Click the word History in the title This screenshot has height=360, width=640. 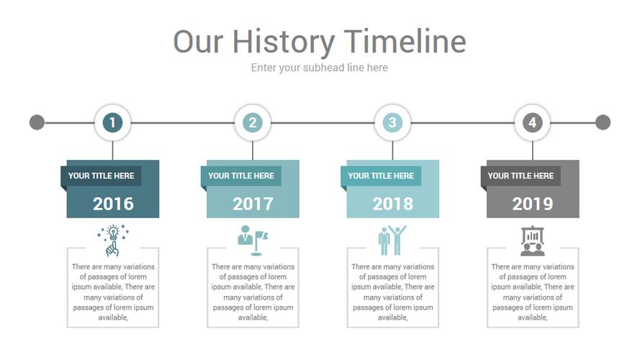(283, 42)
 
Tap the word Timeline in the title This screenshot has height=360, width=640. (405, 41)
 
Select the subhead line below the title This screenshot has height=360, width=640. (319, 68)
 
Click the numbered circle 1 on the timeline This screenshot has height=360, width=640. (112, 122)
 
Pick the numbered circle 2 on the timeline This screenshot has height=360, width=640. (253, 122)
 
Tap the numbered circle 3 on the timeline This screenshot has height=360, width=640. (392, 122)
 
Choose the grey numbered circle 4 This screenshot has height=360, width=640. (532, 122)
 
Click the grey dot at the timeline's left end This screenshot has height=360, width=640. (37, 122)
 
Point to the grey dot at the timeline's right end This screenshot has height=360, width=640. (603, 122)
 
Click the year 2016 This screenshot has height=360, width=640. (113, 204)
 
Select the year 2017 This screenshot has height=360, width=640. (253, 204)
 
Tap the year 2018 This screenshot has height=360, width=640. (393, 204)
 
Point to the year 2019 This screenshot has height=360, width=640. (533, 204)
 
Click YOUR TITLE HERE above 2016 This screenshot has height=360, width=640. (102, 176)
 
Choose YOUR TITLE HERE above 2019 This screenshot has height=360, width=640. (520, 176)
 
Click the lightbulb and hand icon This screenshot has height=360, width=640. (113, 240)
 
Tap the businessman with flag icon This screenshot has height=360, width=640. (253, 240)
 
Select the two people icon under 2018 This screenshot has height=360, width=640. (392, 240)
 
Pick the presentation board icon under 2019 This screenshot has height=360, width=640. (533, 240)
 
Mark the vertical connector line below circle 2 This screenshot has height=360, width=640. (253, 150)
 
